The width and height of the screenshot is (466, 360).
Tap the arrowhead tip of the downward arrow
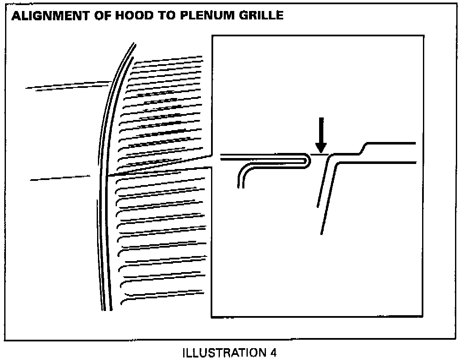(321, 153)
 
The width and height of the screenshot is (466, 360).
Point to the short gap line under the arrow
(320, 155)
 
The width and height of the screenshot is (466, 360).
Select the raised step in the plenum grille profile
(364, 149)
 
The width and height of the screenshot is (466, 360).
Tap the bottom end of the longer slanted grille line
(322, 233)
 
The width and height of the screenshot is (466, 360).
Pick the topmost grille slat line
(169, 58)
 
